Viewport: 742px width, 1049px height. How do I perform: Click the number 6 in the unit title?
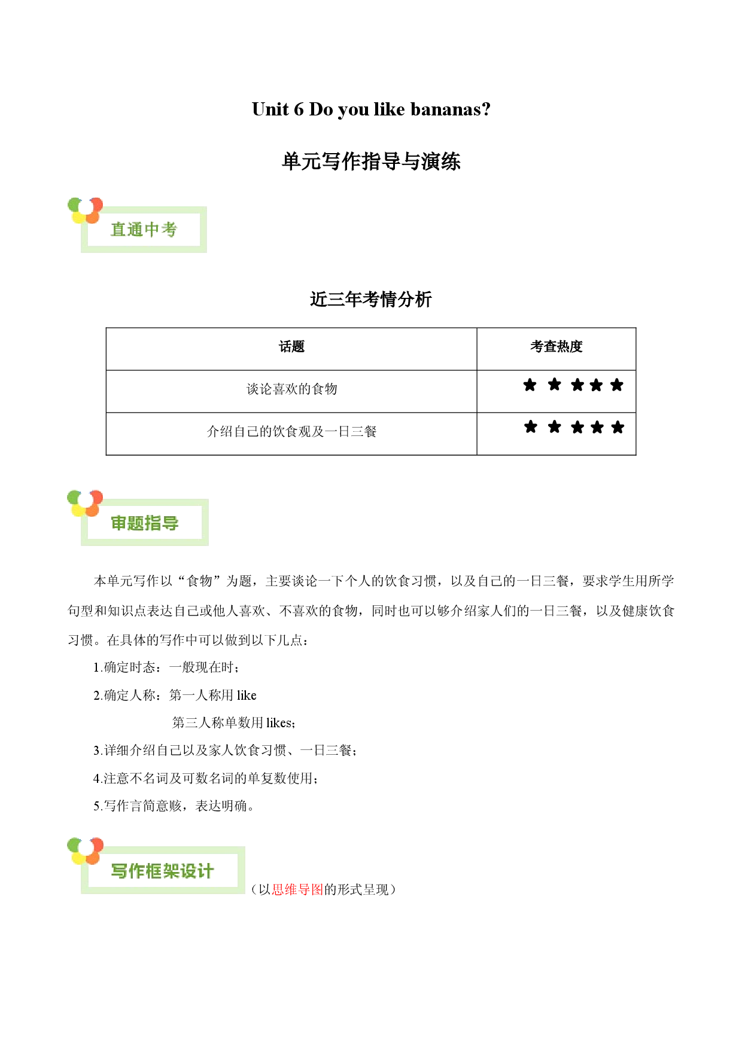point(299,109)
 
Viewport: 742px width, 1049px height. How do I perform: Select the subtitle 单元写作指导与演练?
point(371,161)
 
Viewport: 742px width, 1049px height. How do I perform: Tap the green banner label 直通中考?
point(144,230)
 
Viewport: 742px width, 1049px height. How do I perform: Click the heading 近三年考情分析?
point(371,299)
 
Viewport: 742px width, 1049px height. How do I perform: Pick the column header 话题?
point(291,347)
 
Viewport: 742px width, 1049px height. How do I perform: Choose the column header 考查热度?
point(556,347)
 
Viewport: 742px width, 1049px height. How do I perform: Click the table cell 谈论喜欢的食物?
point(291,389)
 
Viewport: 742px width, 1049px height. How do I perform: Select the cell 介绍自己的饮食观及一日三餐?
point(291,432)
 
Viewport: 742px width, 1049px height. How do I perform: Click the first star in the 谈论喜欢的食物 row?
point(530,385)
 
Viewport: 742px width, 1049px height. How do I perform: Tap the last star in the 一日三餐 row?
point(618,427)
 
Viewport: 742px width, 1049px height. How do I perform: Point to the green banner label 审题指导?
point(145,523)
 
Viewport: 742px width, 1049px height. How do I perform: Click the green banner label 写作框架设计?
point(162,871)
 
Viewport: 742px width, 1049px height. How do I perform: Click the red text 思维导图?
point(297,890)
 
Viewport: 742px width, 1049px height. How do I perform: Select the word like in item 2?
point(247,695)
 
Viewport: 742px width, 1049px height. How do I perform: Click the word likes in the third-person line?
point(279,722)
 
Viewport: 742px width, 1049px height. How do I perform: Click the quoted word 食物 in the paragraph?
point(199,581)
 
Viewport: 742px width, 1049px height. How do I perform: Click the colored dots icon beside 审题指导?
point(85,503)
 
